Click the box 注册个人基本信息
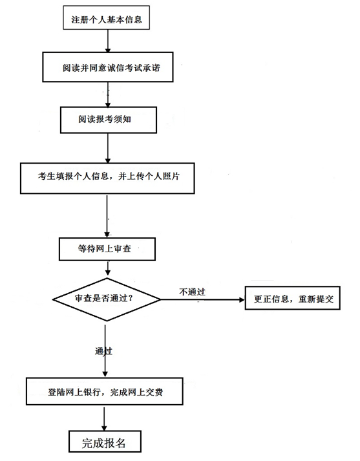click(x=107, y=17)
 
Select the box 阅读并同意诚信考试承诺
click(x=108, y=67)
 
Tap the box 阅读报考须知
click(x=109, y=120)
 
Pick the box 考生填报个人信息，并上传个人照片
click(x=107, y=178)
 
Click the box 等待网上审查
click(x=107, y=250)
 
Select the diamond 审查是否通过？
click(x=107, y=299)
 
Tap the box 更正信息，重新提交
click(x=292, y=298)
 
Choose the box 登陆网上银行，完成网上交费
click(x=104, y=391)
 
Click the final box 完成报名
click(x=105, y=442)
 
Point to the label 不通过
click(x=192, y=292)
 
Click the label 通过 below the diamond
click(x=103, y=351)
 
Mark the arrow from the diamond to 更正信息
click(x=203, y=299)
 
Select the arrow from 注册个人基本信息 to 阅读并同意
click(x=108, y=41)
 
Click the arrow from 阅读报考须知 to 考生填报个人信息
click(x=108, y=148)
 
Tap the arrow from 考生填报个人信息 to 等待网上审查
click(x=107, y=216)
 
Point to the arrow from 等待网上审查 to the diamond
click(x=108, y=268)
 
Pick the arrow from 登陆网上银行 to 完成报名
click(x=104, y=418)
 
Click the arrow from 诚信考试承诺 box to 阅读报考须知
click(x=108, y=94)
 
